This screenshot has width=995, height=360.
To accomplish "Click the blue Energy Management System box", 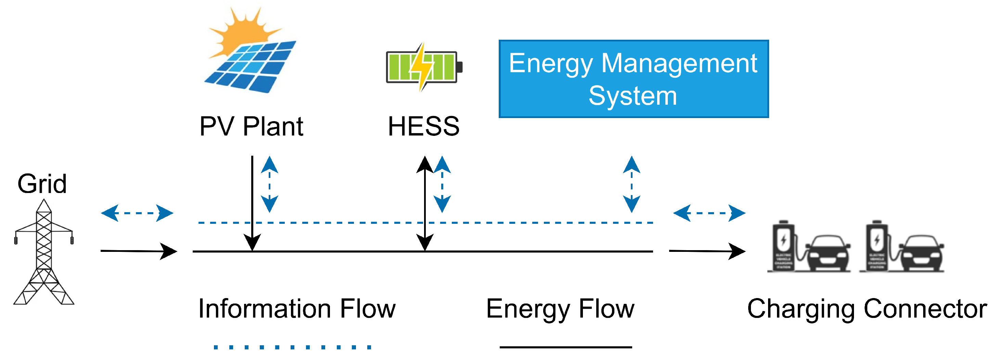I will coord(634,79).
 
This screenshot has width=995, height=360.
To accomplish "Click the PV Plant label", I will coord(251,126).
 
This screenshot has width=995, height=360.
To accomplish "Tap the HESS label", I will coord(424,126).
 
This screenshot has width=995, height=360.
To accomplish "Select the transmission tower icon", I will coord(44,253).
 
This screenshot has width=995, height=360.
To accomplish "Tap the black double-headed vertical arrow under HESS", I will coord(425,203).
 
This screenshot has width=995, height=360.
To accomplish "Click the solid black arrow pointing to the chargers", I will coord(707,251).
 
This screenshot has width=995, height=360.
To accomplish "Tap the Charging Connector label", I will coord(866,309).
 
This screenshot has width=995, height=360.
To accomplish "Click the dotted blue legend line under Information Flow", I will coord(292,347).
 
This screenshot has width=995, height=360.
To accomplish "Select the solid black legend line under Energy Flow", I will coord(566,347).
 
